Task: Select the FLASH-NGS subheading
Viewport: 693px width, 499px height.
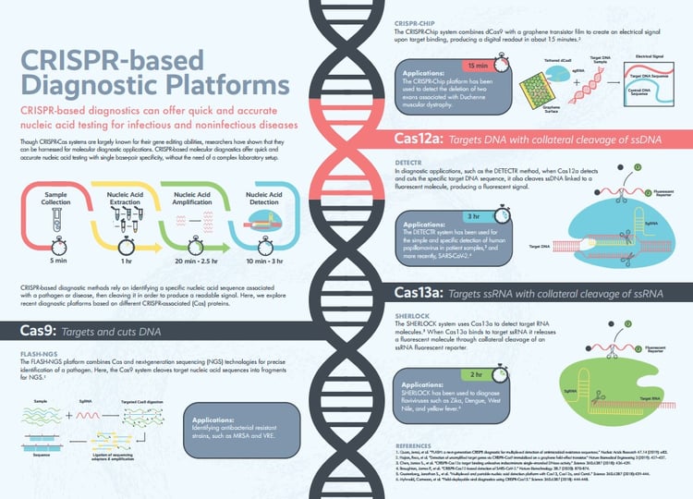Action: pyautogui.click(x=38, y=355)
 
